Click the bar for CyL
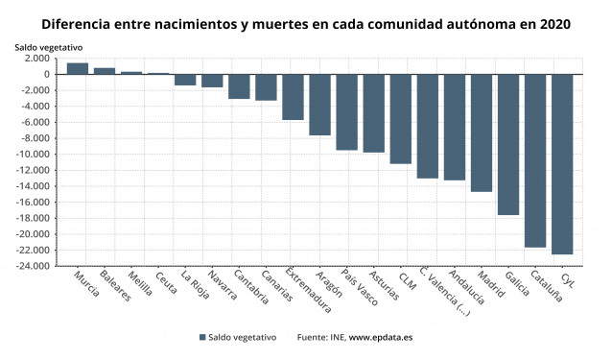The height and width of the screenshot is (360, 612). point(562,163)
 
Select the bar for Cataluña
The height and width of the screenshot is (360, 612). point(535,160)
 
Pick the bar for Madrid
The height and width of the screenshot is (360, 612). point(482,132)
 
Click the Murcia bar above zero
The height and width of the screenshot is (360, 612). point(78,68)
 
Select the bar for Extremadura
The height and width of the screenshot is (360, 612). point(293,97)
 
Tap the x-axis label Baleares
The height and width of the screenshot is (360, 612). point(114,286)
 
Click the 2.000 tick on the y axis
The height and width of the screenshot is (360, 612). point(38,59)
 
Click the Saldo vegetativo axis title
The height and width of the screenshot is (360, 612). point(48,46)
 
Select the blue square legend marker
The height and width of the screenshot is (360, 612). point(202,337)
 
